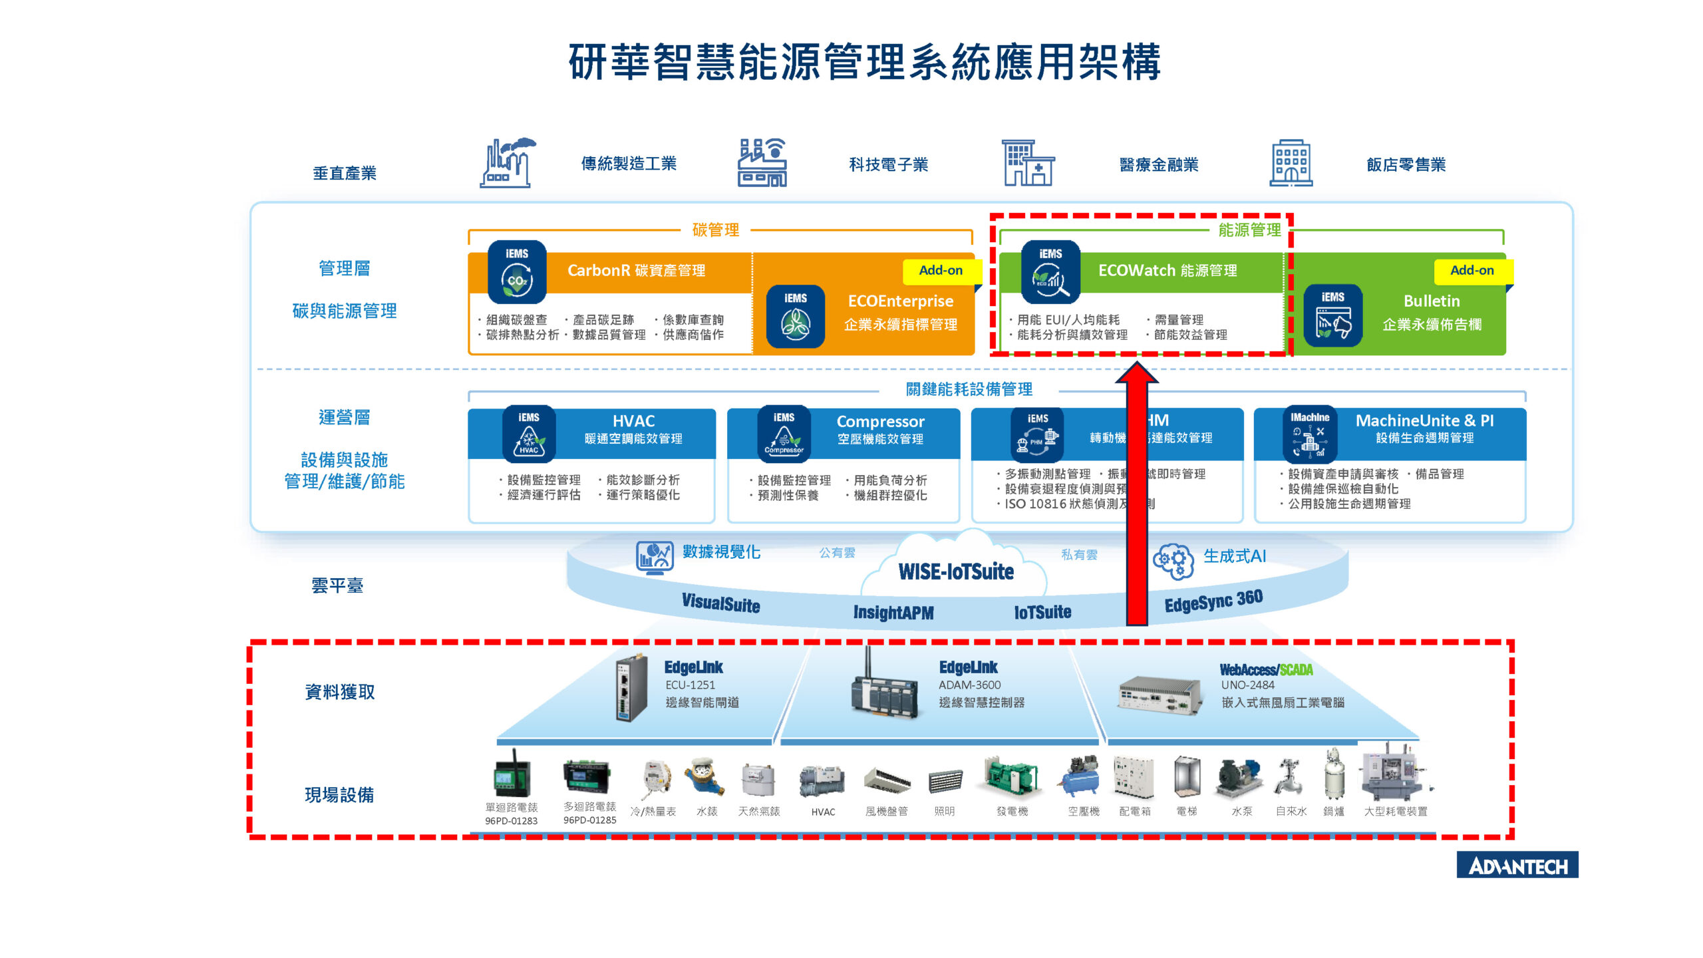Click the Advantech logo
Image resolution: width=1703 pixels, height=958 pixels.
(x=1517, y=865)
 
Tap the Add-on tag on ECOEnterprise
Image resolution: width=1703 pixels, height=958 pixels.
(x=940, y=271)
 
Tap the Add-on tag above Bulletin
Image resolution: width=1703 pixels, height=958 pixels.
(x=1471, y=271)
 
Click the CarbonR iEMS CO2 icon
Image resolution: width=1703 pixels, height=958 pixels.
(x=517, y=273)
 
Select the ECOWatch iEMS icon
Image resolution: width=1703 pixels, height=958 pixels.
(x=1050, y=273)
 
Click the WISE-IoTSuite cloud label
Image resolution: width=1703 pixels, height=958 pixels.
(x=956, y=571)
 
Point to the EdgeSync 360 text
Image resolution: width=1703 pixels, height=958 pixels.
(x=1213, y=601)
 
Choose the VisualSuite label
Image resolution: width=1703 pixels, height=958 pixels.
(x=720, y=603)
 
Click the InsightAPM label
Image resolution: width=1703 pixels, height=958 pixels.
(x=893, y=613)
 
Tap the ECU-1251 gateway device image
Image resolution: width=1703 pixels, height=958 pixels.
(x=631, y=689)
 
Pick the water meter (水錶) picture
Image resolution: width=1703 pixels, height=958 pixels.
(x=706, y=777)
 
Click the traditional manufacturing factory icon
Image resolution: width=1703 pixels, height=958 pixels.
(x=507, y=163)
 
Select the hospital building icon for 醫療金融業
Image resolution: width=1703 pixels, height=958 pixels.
(x=1028, y=163)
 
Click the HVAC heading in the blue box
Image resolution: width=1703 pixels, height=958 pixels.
(x=633, y=421)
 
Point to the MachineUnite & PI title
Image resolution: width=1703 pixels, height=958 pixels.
(x=1424, y=421)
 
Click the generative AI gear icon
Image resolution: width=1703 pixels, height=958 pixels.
(x=1173, y=561)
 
